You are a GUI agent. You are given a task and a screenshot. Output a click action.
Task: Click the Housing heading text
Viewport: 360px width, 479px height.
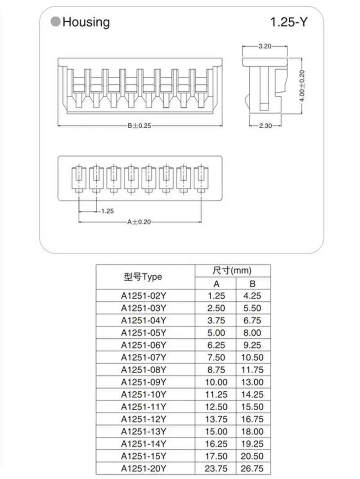tap(86, 22)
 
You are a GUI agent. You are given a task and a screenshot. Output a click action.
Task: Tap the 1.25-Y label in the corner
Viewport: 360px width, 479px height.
tap(288, 22)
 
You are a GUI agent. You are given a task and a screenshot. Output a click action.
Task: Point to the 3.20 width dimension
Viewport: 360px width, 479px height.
tap(265, 47)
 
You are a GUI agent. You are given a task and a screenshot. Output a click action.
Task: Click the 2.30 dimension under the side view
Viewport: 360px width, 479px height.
tap(265, 126)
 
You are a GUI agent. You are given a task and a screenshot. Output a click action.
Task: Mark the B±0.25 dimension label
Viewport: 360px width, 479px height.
tap(139, 126)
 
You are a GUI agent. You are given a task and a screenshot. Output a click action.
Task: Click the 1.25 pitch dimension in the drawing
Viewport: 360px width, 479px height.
tap(108, 210)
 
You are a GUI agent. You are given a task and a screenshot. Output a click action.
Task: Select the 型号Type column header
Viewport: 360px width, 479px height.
tap(143, 277)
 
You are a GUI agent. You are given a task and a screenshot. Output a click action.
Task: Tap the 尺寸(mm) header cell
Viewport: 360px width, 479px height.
tap(232, 271)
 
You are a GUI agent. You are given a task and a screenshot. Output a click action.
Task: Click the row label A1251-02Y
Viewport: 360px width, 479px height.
tap(144, 296)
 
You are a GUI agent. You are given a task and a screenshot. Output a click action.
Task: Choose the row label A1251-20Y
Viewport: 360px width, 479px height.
tap(144, 469)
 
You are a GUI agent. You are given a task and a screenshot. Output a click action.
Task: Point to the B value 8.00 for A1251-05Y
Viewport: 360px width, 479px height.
tap(252, 333)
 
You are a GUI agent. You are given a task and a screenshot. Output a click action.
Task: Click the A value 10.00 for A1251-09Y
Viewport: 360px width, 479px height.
tap(216, 382)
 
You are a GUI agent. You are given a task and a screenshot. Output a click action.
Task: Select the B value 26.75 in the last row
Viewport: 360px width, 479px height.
tap(252, 469)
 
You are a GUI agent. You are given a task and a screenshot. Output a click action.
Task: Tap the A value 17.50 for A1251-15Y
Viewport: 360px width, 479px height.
tap(216, 456)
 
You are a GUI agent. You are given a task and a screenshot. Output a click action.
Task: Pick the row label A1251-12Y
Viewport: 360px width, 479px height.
tap(144, 419)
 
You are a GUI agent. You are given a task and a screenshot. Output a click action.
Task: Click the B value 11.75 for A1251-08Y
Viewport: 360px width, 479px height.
tap(252, 370)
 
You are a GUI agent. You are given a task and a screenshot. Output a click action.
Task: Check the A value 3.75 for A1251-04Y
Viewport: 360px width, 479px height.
tap(216, 321)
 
